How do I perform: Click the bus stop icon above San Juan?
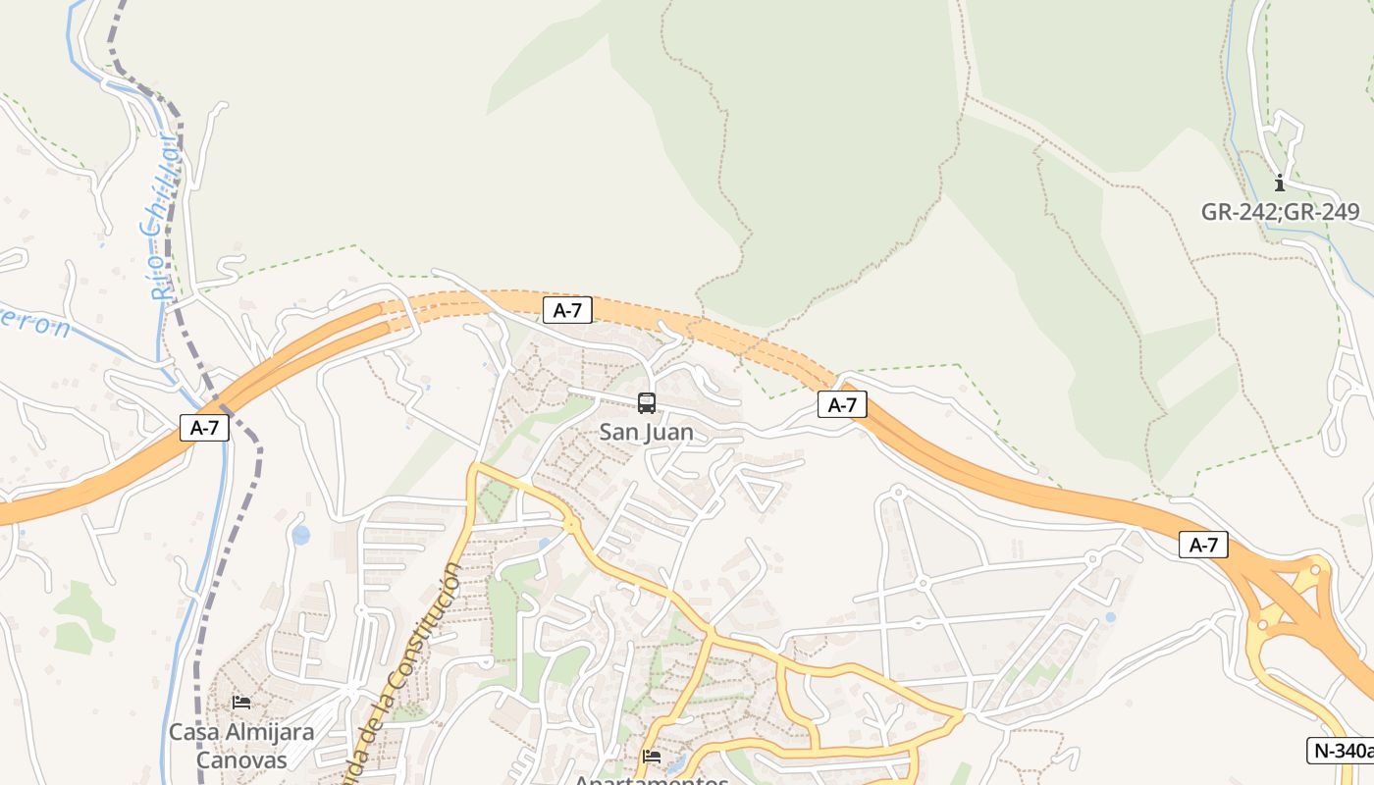click(646, 402)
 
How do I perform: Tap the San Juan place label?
click(646, 432)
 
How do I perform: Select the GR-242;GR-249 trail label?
click(1280, 212)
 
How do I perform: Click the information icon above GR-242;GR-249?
click(1279, 183)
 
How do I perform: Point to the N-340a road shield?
click(1341, 751)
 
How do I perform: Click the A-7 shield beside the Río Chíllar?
click(204, 428)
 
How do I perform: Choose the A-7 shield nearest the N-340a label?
click(1203, 546)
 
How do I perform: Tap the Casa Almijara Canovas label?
click(241, 746)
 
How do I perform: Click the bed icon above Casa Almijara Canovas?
click(241, 702)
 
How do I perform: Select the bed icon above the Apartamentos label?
click(652, 756)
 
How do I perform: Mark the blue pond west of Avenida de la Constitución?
click(300, 535)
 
